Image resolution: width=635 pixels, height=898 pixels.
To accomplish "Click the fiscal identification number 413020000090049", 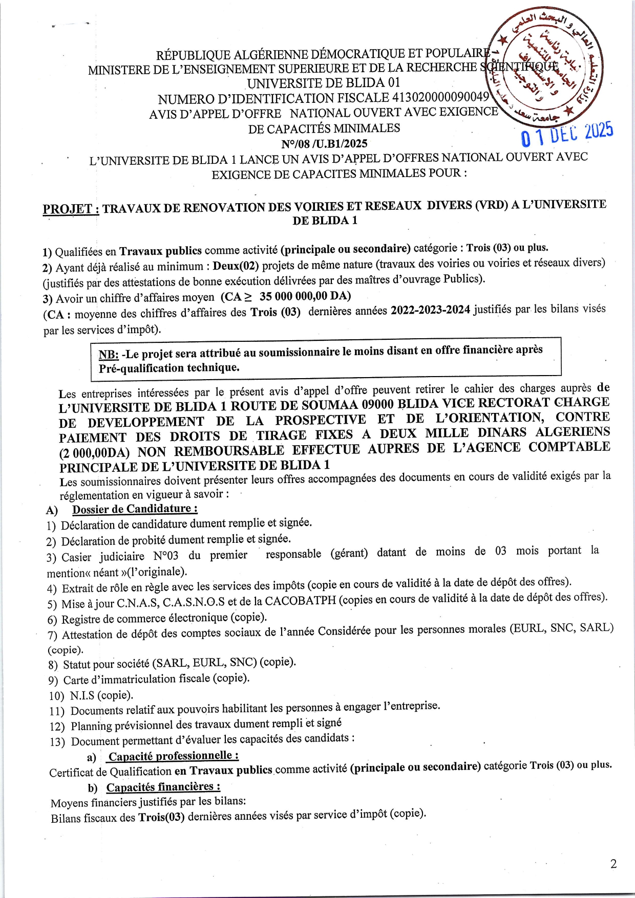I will [440, 97].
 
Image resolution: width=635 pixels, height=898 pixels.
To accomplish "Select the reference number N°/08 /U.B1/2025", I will [324, 144].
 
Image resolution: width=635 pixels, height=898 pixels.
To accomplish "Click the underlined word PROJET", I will [70, 209].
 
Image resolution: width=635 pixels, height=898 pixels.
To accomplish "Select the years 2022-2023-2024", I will [430, 311].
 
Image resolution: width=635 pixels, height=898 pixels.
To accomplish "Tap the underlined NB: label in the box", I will [109, 355].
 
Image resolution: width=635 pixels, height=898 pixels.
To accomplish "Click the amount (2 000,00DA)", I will [94, 453].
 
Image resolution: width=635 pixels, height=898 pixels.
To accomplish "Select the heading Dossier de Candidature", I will [135, 509].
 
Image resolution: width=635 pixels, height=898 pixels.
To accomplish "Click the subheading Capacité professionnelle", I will [173, 756].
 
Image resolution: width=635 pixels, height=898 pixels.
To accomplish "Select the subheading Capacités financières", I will [163, 787].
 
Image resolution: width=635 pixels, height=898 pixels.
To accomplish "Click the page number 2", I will [613, 864].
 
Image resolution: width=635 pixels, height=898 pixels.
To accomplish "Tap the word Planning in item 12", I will [91, 726].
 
